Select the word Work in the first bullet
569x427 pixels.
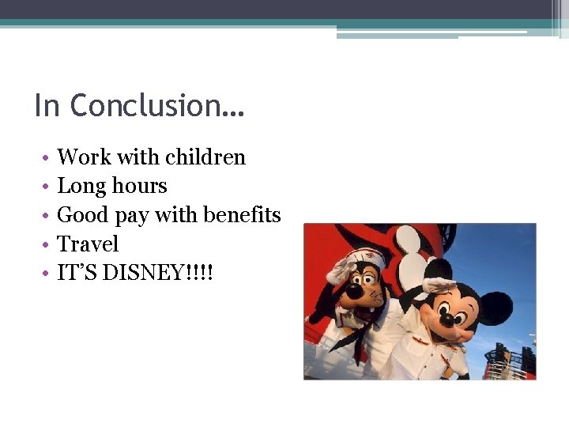tap(83, 157)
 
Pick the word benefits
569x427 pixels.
tap(242, 215)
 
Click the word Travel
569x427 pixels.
tap(88, 244)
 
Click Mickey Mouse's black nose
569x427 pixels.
tap(448, 319)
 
